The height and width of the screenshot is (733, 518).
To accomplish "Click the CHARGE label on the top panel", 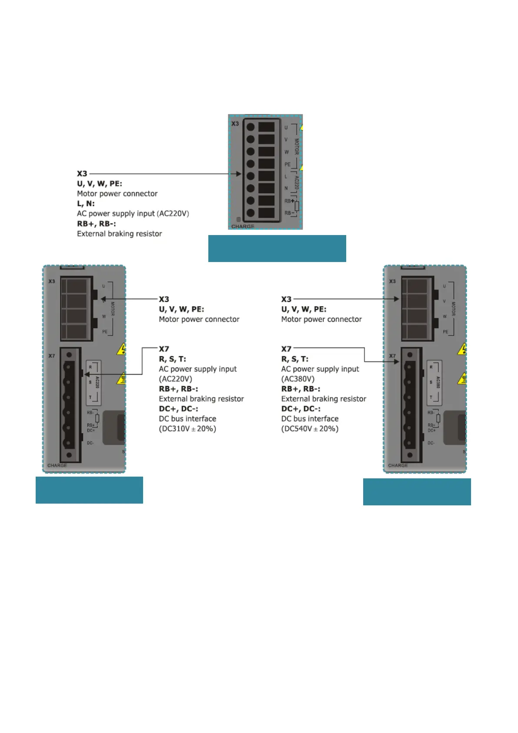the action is [x=243, y=226].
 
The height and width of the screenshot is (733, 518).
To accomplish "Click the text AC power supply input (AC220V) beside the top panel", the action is [x=133, y=214].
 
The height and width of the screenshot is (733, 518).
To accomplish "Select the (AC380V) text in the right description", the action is [x=297, y=379].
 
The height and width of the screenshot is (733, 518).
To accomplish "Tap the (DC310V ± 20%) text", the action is [x=187, y=429].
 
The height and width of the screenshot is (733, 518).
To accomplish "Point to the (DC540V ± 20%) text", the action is [x=310, y=429].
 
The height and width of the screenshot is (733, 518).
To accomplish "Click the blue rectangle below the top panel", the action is [x=277, y=249].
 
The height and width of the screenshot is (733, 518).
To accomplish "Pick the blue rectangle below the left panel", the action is [x=89, y=490].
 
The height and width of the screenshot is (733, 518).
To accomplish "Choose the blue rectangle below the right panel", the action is [x=417, y=492].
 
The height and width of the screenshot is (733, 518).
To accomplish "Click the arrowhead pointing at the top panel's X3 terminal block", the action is [x=238, y=174].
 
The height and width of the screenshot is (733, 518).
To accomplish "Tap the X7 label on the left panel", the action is [x=52, y=356].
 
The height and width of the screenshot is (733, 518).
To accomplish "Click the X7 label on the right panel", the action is [x=392, y=356].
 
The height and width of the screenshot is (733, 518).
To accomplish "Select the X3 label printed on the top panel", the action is [x=235, y=124].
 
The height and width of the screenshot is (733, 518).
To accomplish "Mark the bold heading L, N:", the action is [x=86, y=204].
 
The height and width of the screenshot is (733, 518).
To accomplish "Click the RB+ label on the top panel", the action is [x=289, y=201].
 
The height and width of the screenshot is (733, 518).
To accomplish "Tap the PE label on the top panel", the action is [x=287, y=165].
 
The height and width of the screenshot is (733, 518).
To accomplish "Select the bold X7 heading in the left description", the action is [x=164, y=349].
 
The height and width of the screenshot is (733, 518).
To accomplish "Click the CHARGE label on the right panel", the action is [x=398, y=465].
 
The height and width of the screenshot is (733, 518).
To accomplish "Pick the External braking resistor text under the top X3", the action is [x=119, y=234].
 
